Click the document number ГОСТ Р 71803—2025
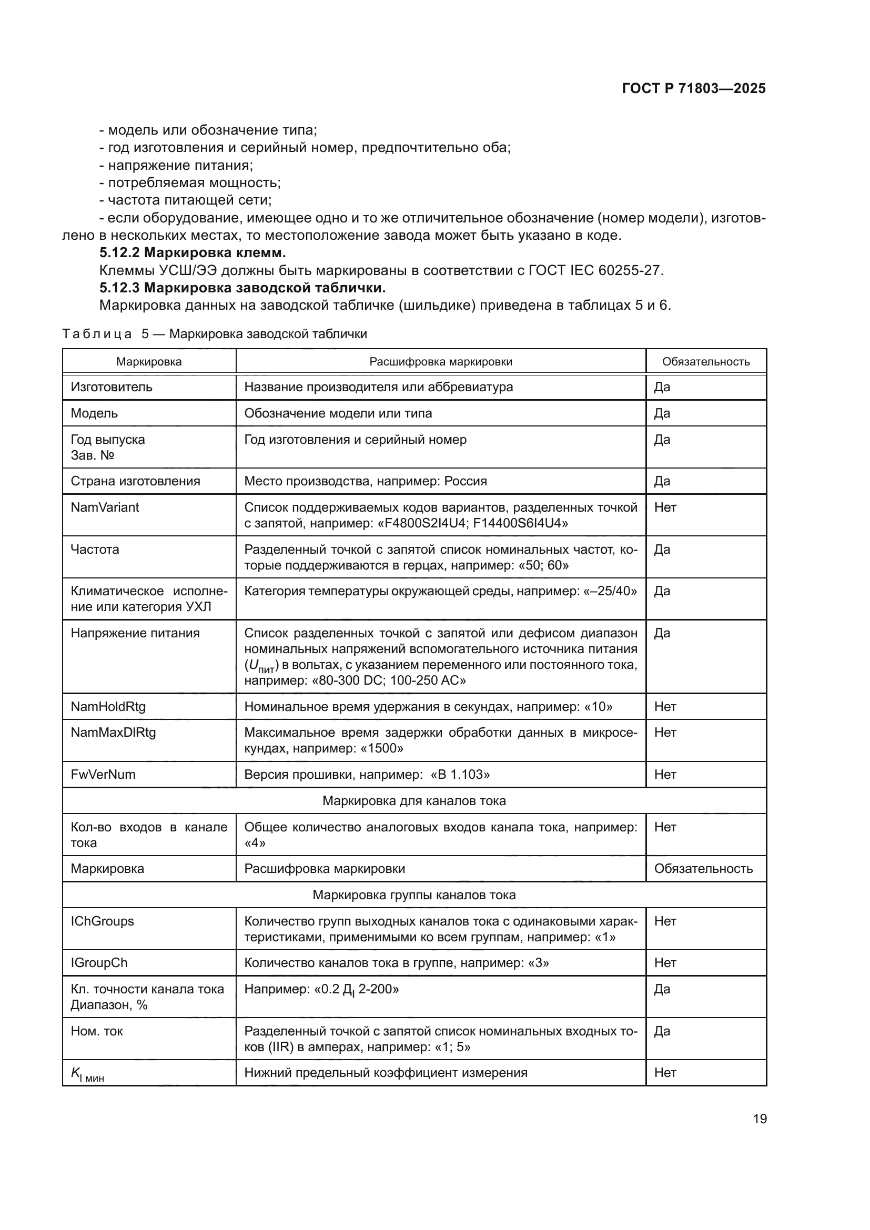point(694,88)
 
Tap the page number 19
point(759,1119)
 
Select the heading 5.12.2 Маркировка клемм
point(193,252)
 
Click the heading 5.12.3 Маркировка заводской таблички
point(242,288)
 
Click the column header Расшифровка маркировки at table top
point(440,362)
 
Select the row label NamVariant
point(105,507)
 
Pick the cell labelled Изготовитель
point(112,387)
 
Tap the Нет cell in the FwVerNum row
point(665,774)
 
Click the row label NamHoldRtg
point(108,706)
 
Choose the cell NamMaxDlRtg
point(113,733)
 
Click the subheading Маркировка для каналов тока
point(413,800)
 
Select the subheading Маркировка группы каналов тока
point(413,894)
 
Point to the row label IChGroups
point(103,921)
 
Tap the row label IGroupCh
point(99,963)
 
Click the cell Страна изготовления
point(135,481)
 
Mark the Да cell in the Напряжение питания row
point(662,633)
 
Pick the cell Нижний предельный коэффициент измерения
point(386,1072)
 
